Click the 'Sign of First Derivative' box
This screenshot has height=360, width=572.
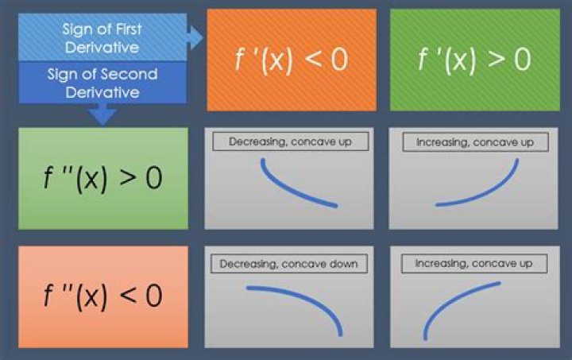[102, 37]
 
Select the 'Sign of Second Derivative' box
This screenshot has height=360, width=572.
[102, 83]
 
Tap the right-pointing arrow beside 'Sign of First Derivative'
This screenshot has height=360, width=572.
[195, 37]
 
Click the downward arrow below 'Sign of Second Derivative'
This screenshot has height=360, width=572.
[102, 114]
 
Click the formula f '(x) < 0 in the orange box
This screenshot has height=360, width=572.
[292, 60]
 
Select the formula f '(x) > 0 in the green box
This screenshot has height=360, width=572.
[474, 60]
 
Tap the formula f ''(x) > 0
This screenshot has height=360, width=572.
[102, 178]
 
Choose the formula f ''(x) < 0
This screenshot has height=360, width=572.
[102, 296]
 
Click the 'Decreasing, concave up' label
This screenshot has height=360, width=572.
[291, 141]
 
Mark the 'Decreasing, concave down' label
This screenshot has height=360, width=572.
[288, 264]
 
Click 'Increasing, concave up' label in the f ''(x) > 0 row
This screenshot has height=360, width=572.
[475, 142]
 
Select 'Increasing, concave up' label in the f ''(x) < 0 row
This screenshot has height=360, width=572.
[473, 263]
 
